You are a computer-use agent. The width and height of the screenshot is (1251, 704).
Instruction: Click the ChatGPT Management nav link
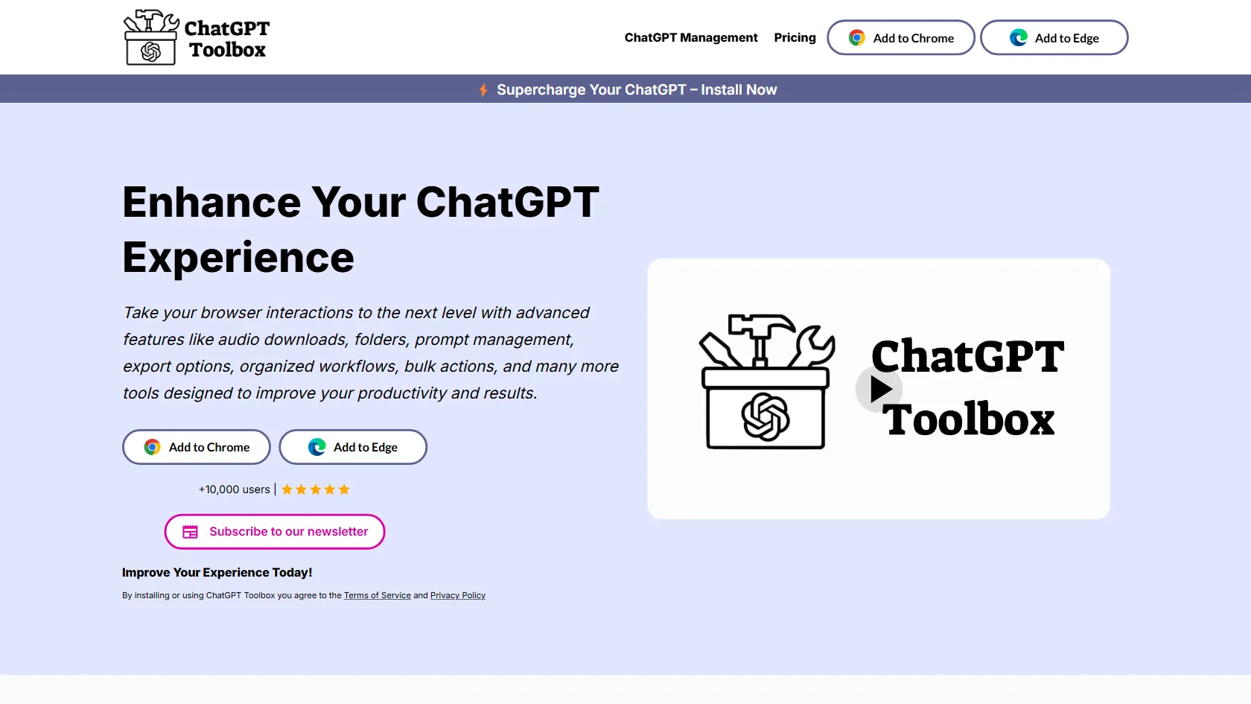pos(691,37)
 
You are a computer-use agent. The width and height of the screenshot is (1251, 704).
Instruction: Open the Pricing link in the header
pos(795,37)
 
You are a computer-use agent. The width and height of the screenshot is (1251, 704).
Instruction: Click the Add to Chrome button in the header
pos(901,37)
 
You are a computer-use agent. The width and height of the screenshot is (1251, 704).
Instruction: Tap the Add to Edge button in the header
pos(1054,37)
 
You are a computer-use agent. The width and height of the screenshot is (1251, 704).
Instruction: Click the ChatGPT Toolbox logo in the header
pos(196,37)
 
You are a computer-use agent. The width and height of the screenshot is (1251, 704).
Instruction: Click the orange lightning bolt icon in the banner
pos(483,89)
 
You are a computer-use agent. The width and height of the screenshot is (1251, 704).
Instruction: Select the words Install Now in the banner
pos(739,89)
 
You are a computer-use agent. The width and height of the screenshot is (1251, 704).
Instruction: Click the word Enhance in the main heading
pos(211,202)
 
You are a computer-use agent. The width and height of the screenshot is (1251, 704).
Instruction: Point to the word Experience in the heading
pos(238,258)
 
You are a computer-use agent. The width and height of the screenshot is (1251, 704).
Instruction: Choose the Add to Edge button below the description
pos(353,447)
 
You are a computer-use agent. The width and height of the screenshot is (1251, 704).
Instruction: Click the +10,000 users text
pos(234,489)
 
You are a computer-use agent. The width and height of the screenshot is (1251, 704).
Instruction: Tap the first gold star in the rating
pos(287,489)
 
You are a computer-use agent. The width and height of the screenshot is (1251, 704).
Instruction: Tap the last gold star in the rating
pos(344,489)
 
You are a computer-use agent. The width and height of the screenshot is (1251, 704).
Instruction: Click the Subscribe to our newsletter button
pos(275,531)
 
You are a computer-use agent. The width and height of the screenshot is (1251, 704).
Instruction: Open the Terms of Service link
pos(378,595)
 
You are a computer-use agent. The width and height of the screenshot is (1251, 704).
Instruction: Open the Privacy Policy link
pos(458,595)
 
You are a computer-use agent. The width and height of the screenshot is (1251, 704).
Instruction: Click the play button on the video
pos(879,389)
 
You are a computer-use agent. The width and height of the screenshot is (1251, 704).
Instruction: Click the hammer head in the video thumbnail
pos(761,324)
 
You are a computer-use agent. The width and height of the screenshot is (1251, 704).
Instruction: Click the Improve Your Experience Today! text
pos(217,572)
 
